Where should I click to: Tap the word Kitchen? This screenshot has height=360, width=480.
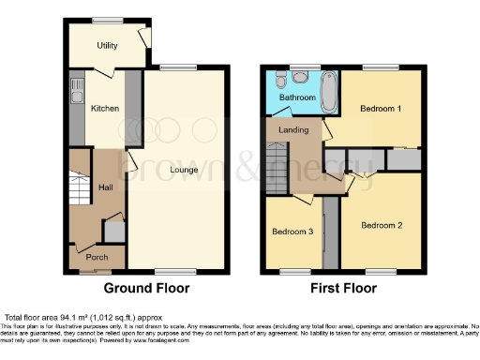point(104,109)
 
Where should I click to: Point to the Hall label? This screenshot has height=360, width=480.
point(105,187)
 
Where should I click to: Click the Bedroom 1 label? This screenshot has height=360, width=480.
point(381,109)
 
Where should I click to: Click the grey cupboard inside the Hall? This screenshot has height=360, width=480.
point(112,228)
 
